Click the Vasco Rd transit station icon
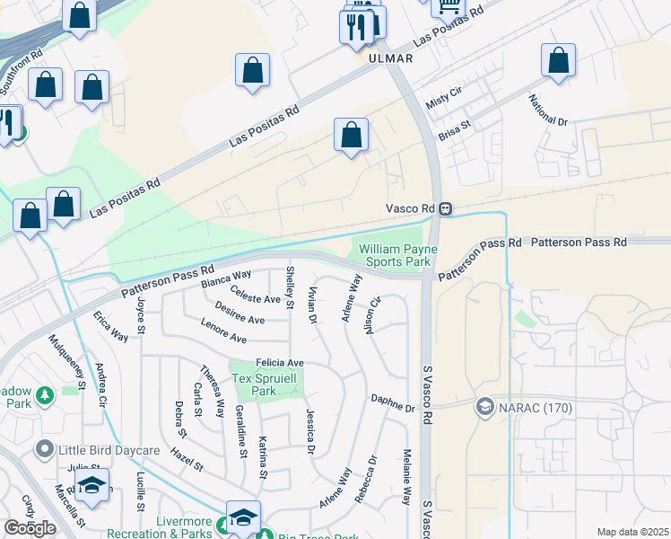tap(445, 208)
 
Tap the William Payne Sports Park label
tap(395, 254)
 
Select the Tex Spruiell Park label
tap(267, 384)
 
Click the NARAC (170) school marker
tap(485, 407)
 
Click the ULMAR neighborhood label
tap(390, 58)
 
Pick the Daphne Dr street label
tap(393, 403)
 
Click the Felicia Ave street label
tap(280, 362)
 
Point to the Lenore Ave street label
tap(223, 331)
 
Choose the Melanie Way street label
tap(405, 476)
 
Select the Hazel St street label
tap(187, 461)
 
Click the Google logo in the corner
tap(30, 527)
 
